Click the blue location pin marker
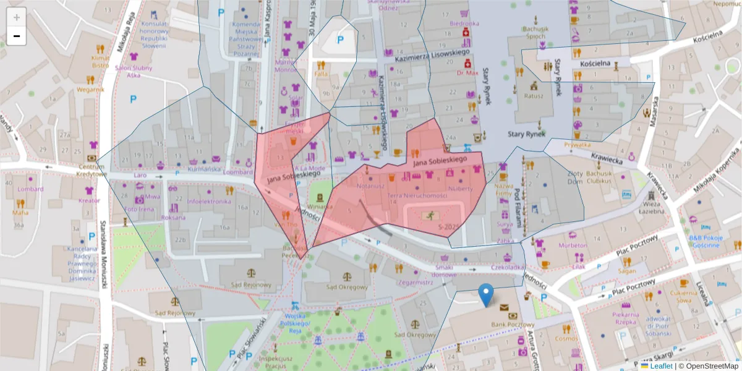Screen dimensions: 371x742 487,294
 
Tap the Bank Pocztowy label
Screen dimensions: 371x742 512,325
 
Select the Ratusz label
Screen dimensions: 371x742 533,96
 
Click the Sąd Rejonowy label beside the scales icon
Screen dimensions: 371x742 250,285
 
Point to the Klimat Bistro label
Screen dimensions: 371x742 100,61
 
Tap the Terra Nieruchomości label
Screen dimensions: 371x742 417,195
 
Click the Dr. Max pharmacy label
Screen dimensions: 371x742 467,72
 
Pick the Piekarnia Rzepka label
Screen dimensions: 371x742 625,318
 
